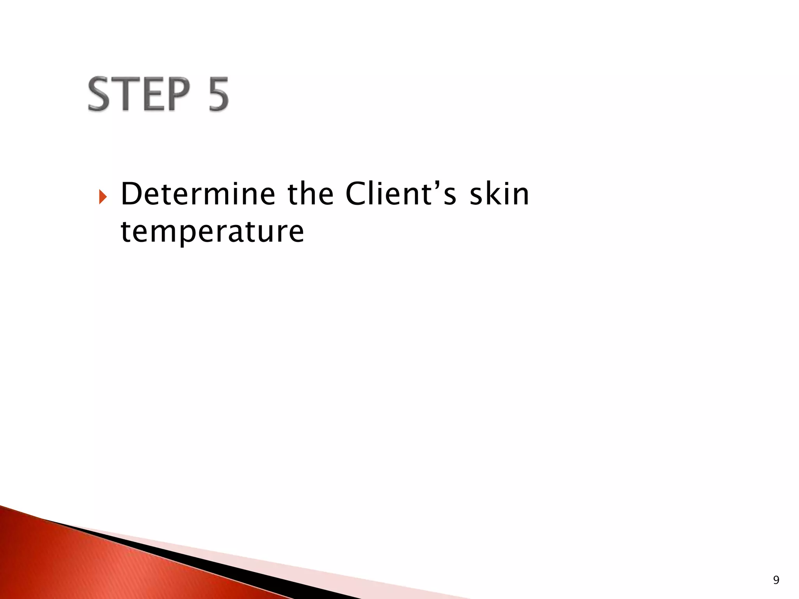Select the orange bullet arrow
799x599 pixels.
pyautogui.click(x=102, y=197)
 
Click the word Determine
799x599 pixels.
pyautogui.click(x=198, y=194)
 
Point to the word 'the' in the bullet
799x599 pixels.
pyautogui.click(x=310, y=194)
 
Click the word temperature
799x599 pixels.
pyautogui.click(x=212, y=232)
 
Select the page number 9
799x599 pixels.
pyautogui.click(x=776, y=580)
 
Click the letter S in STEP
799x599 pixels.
pyautogui.click(x=101, y=94)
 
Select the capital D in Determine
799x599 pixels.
pyautogui.click(x=131, y=194)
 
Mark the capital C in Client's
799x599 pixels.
pyautogui.click(x=357, y=194)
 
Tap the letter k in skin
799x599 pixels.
pyautogui.click(x=491, y=194)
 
